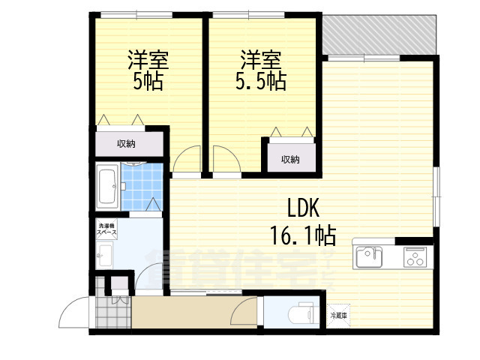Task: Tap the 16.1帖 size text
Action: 302,235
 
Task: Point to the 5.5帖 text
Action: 262,81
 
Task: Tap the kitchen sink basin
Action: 368,256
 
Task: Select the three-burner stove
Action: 416,257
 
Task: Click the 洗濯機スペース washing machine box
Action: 106,229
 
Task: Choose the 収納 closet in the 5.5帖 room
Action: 289,158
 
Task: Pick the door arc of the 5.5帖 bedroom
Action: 224,160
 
